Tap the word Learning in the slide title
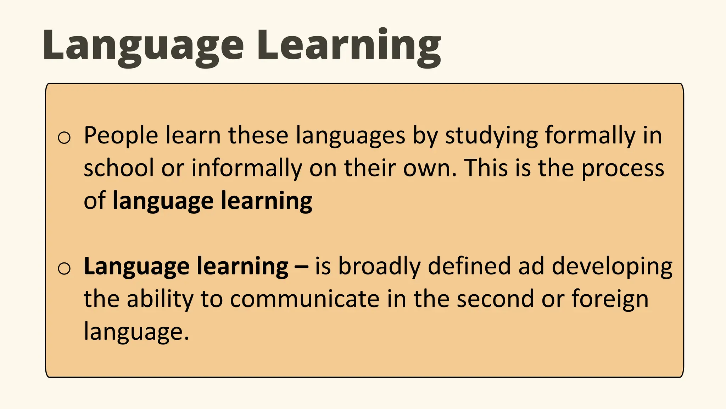click(x=349, y=45)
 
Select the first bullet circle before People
click(x=64, y=137)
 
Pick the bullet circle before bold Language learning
click(x=64, y=268)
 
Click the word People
click(x=121, y=136)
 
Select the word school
click(x=119, y=168)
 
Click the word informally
click(x=247, y=168)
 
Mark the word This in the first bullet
click(x=486, y=168)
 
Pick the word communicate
click(x=305, y=299)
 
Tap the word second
click(x=495, y=299)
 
